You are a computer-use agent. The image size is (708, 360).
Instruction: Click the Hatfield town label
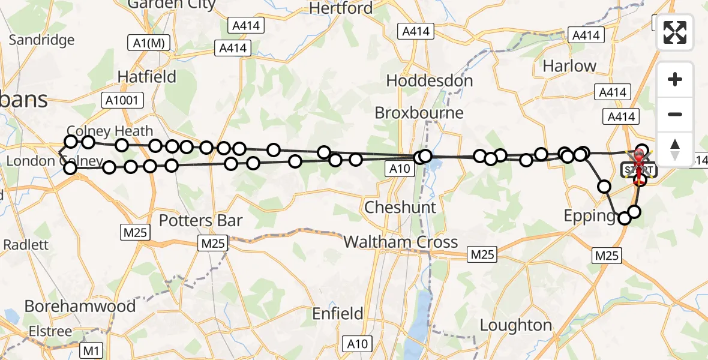click(147, 77)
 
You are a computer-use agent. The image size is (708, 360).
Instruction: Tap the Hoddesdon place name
click(430, 80)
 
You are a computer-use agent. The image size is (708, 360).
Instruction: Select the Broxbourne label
click(419, 113)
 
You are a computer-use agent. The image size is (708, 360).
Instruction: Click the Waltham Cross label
click(401, 242)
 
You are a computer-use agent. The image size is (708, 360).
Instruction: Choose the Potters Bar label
click(200, 221)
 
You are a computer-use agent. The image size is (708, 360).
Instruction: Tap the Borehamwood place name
click(80, 306)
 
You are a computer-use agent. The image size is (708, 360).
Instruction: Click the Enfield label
click(338, 313)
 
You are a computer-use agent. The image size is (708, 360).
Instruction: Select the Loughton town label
click(516, 325)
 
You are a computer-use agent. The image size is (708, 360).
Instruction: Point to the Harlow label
click(569, 66)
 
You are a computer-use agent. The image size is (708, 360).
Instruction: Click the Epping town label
click(590, 216)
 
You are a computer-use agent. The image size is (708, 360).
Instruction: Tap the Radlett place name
click(26, 245)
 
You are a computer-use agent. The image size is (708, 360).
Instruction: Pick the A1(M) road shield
click(149, 43)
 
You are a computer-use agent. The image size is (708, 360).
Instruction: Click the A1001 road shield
click(122, 100)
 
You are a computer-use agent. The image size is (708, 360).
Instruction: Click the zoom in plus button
click(675, 80)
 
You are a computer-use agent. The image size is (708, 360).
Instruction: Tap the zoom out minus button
click(675, 115)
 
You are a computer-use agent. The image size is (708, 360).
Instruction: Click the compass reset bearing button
click(675, 149)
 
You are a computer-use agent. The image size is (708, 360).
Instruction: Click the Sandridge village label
click(42, 40)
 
